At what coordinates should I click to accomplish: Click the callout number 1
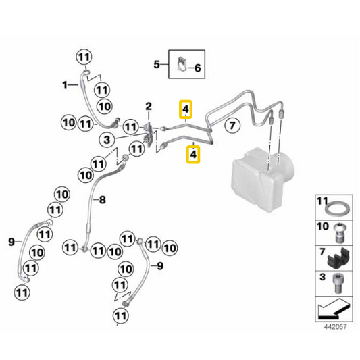click(x=65, y=85)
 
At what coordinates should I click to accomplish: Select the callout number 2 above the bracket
click(x=149, y=107)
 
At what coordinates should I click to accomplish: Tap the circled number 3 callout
click(x=107, y=140)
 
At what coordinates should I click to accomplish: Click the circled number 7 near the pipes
click(x=232, y=126)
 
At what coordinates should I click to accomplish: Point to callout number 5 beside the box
click(x=157, y=64)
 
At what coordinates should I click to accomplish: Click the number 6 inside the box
click(x=197, y=68)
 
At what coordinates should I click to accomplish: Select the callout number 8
click(x=103, y=200)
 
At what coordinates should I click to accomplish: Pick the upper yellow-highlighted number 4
click(x=186, y=109)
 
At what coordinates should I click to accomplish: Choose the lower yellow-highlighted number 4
click(x=193, y=154)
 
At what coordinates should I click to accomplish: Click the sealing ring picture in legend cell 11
click(x=338, y=209)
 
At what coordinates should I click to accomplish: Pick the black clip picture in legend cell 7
click(x=338, y=258)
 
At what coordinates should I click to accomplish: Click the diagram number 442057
click(x=335, y=326)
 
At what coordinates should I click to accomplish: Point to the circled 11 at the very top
click(x=84, y=57)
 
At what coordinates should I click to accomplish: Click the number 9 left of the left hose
click(x=11, y=242)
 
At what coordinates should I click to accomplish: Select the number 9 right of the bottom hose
click(x=160, y=266)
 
